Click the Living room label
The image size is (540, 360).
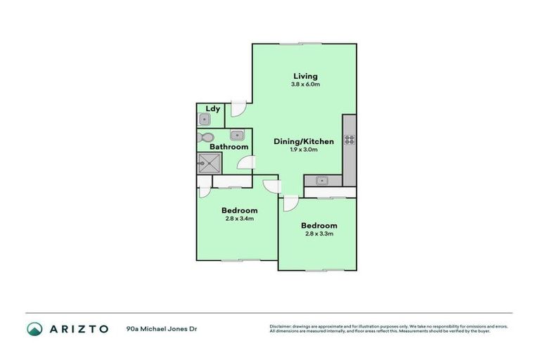(305, 76)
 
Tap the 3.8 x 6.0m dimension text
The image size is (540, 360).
(305, 84)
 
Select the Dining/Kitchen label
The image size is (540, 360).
(304, 141)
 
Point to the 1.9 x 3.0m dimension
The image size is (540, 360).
(304, 150)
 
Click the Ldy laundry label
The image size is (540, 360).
(212, 109)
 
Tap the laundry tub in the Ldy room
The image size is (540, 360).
(205, 120)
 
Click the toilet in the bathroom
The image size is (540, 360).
(206, 137)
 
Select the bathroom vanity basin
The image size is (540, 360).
(236, 135)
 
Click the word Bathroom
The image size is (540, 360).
(229, 147)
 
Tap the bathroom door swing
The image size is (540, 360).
(245, 163)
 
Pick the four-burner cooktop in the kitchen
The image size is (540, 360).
(349, 139)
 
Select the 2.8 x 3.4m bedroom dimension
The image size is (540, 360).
(239, 219)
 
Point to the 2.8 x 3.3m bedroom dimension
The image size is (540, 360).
(319, 234)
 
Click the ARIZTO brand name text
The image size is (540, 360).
(78, 328)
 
